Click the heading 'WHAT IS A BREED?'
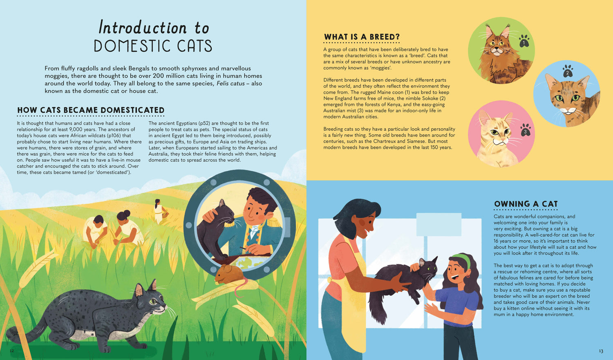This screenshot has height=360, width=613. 362,37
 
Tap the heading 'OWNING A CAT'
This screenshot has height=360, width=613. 526,204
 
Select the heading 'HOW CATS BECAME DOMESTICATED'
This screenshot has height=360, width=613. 91,110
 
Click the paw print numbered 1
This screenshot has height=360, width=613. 524,41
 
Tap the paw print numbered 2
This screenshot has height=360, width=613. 567,72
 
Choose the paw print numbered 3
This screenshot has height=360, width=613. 525,130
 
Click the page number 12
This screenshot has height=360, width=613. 11,351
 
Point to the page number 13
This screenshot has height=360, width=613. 601,351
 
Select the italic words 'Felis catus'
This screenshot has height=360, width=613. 230,84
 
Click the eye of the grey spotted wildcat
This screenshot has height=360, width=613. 153,302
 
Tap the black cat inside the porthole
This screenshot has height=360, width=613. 215,229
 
